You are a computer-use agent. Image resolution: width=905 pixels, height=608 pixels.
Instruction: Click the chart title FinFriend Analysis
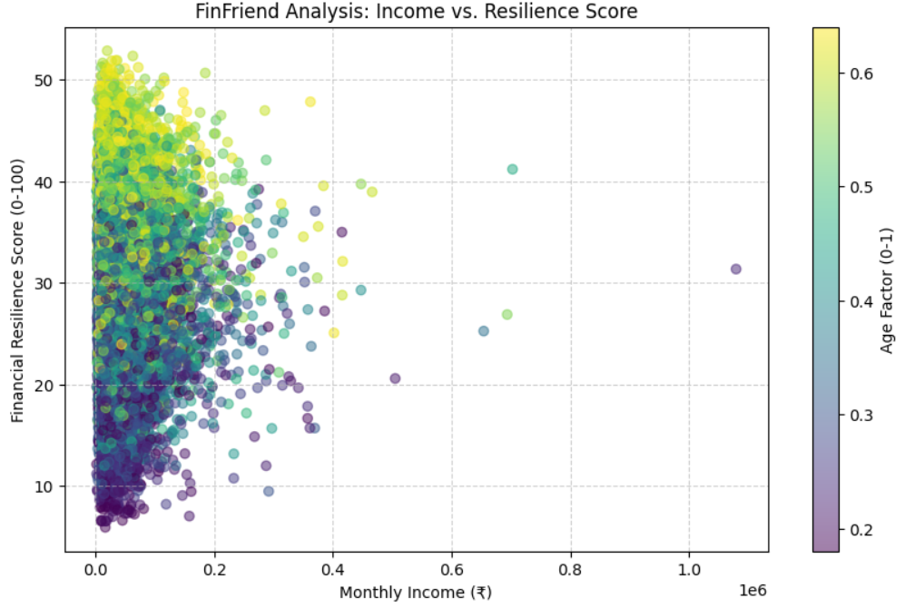(x=417, y=12)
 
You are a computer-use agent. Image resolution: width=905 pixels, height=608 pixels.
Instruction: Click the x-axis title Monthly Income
(x=416, y=593)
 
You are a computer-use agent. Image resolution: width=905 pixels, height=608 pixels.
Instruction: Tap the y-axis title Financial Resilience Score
(x=17, y=289)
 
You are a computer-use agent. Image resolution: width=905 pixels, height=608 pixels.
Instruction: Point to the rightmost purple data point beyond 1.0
(x=735, y=269)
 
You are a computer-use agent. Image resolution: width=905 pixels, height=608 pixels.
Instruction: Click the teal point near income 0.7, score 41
(x=512, y=169)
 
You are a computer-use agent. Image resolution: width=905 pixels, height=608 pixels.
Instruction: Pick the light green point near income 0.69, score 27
(x=507, y=314)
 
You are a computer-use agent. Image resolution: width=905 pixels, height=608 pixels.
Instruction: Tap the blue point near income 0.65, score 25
(x=484, y=331)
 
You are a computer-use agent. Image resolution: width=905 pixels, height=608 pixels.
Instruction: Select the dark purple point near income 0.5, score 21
(x=395, y=378)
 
